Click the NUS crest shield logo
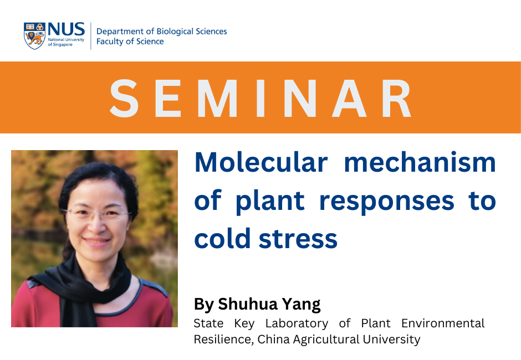click(34, 36)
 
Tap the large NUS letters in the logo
click(66, 29)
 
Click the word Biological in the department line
click(175, 32)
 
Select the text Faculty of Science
click(130, 42)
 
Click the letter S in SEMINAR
click(124, 98)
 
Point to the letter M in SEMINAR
click(218, 98)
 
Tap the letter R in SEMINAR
click(397, 98)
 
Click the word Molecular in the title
click(261, 162)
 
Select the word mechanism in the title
click(420, 162)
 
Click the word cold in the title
click(222, 239)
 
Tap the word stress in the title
click(298, 239)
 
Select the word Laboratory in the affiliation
click(297, 323)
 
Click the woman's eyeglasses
click(96, 214)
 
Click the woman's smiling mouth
click(96, 240)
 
